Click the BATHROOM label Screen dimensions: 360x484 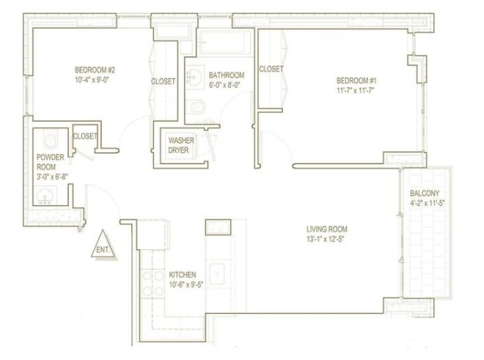point(227,75)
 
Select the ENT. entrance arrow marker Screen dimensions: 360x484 point(103,249)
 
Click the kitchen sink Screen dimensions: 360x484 point(218,273)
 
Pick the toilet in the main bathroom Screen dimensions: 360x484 point(196,110)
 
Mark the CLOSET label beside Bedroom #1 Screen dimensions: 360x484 point(271,69)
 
